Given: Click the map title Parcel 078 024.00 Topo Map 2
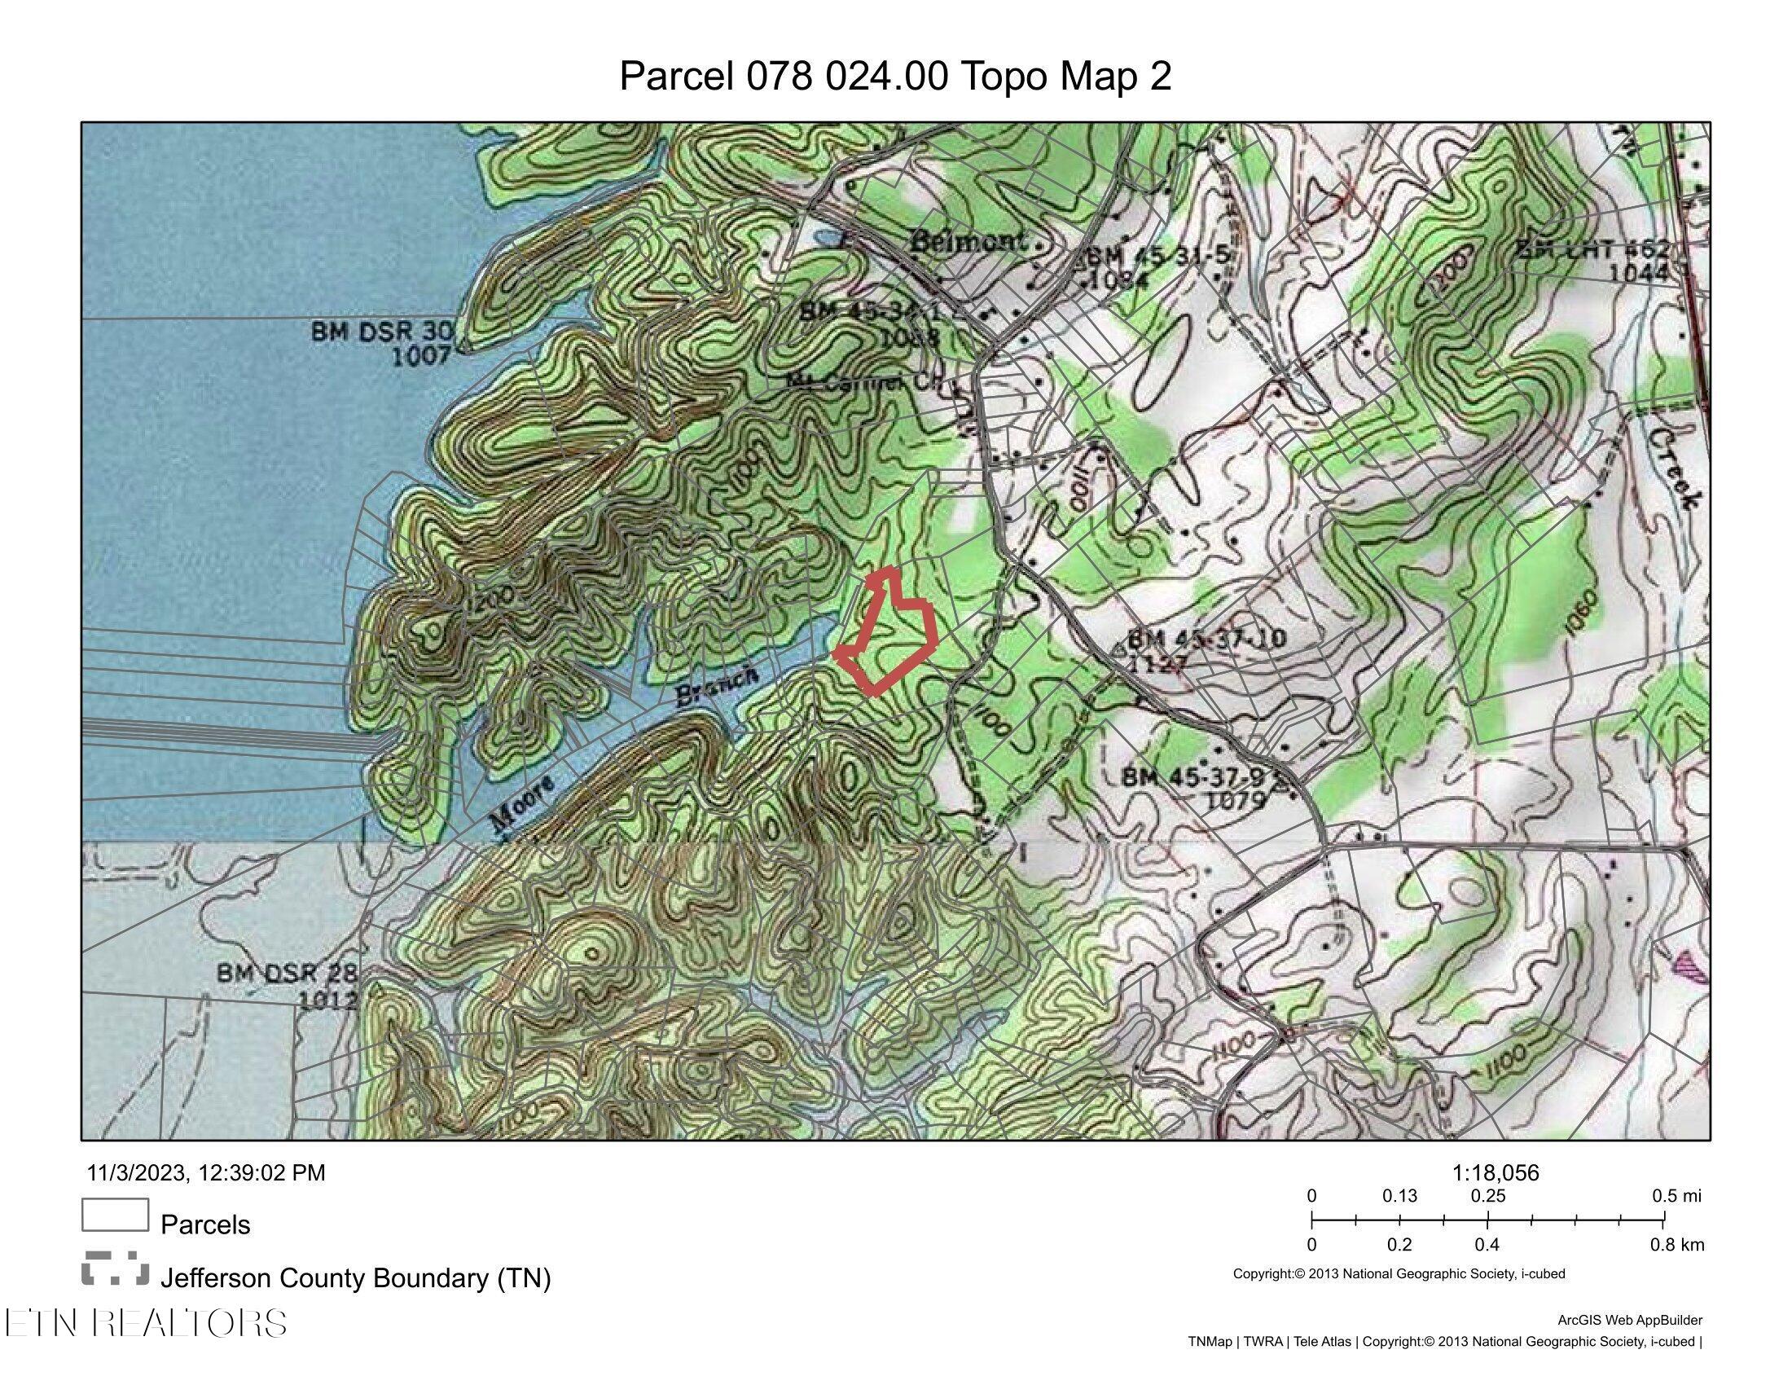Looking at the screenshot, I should [x=895, y=77].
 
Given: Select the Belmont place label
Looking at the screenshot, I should [x=968, y=242].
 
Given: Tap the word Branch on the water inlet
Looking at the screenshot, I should [x=716, y=686].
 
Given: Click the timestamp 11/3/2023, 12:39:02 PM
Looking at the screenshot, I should [x=206, y=1172].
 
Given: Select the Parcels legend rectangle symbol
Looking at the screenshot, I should [x=115, y=1216].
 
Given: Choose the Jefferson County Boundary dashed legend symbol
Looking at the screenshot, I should [x=115, y=1268].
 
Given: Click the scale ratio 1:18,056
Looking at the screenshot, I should [x=1495, y=1173].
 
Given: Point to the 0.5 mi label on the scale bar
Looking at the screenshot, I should [x=1676, y=1196].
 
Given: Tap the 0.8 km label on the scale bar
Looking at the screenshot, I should [x=1676, y=1245].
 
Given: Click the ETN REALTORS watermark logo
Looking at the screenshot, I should [x=146, y=1322].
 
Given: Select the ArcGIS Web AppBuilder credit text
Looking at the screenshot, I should [x=1630, y=1320].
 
